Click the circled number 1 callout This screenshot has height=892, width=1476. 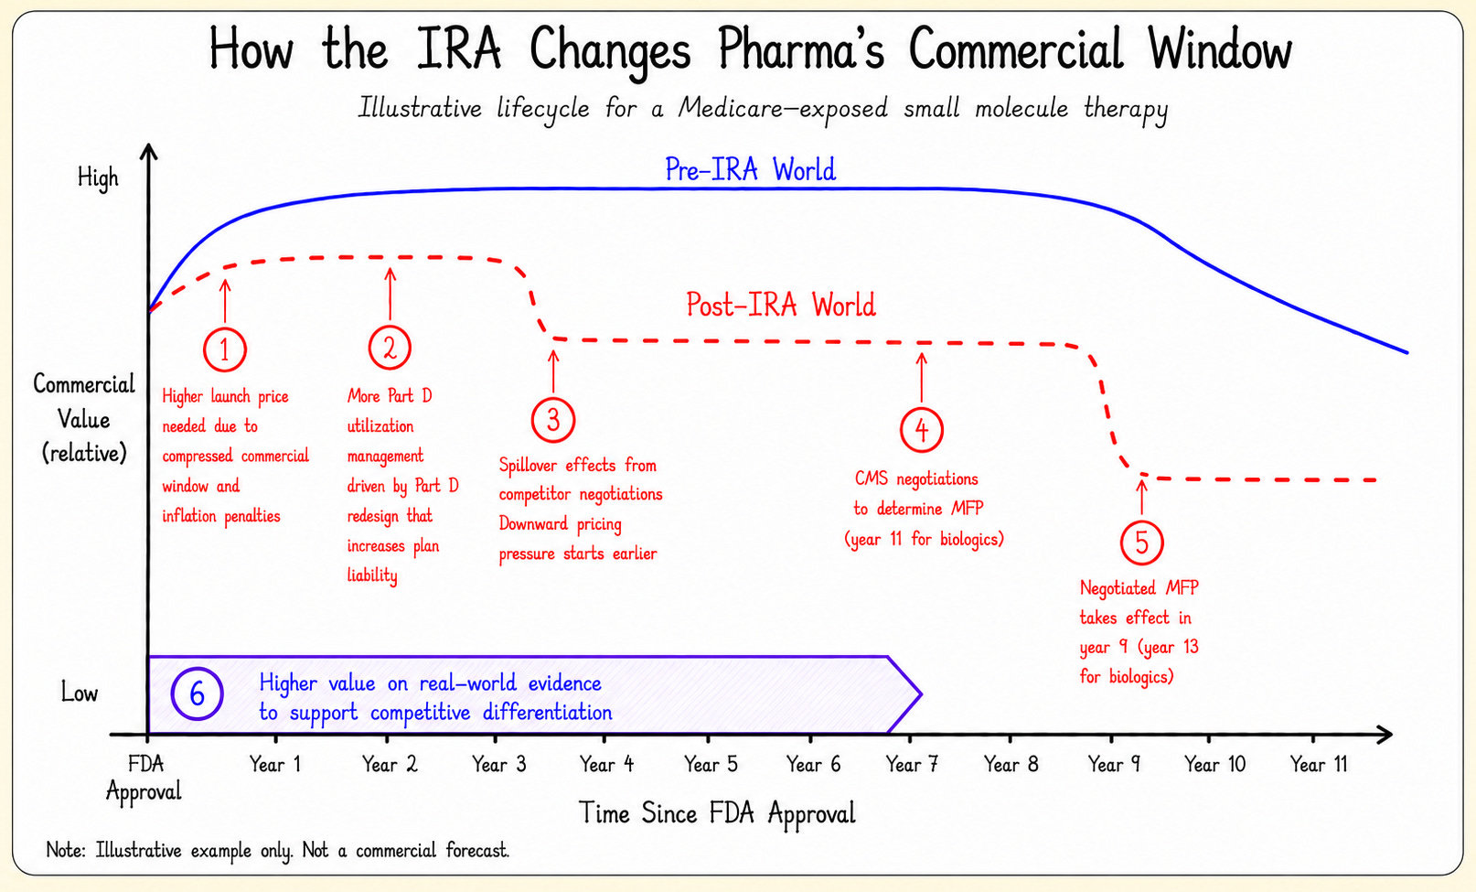[x=225, y=349]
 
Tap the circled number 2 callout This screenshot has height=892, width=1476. [x=390, y=347]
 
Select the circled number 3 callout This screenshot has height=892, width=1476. [x=553, y=420]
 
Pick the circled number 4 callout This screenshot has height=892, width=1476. [x=921, y=430]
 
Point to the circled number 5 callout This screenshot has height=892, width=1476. [x=1141, y=543]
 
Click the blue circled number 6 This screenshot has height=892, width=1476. [x=197, y=693]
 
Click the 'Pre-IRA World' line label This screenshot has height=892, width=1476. [x=750, y=169]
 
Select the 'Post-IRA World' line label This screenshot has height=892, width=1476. [x=781, y=306]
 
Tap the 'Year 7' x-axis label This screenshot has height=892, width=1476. [x=912, y=764]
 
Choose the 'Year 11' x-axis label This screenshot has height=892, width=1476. [x=1319, y=764]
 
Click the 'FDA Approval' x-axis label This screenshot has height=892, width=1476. [x=144, y=778]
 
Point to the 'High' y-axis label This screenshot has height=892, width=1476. [x=98, y=178]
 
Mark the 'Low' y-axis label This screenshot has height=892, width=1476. [x=79, y=693]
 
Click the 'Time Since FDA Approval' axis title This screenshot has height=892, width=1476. [x=717, y=813]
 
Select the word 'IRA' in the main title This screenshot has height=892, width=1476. [x=458, y=49]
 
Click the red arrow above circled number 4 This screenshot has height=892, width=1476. [x=921, y=377]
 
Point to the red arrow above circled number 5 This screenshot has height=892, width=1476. [x=1142, y=497]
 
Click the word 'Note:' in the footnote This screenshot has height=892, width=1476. [x=66, y=851]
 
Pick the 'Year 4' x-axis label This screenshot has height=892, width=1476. [x=606, y=764]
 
